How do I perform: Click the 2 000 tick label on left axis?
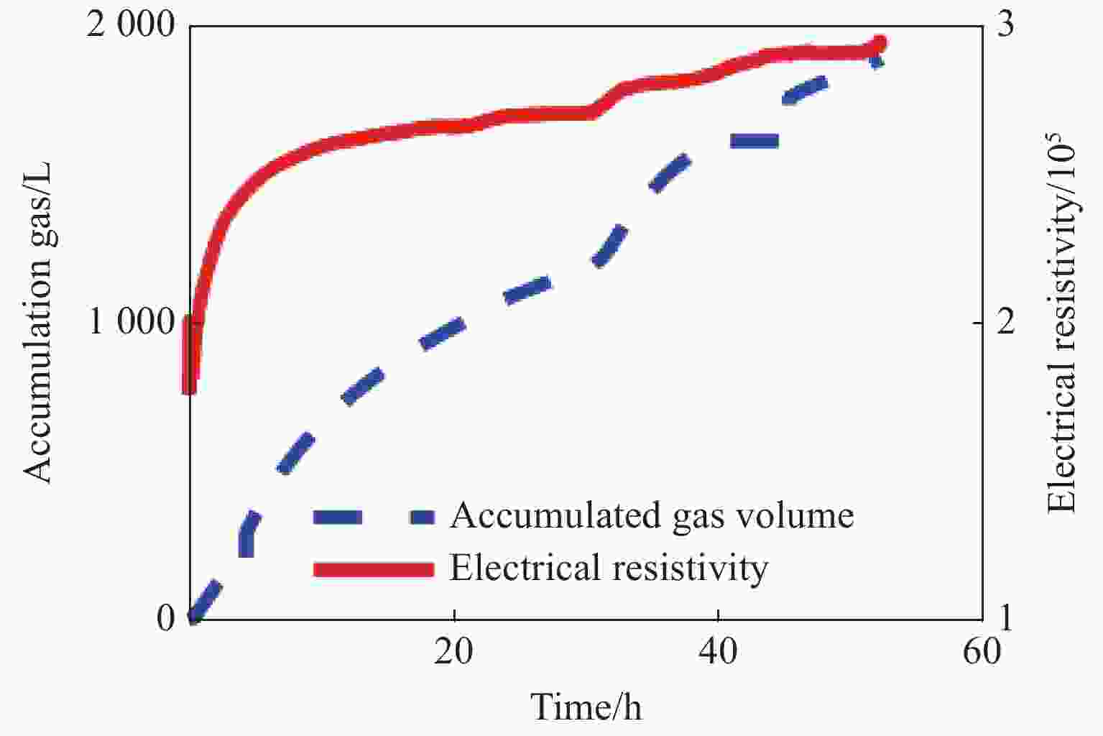(x=131, y=27)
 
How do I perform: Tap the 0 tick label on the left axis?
(x=165, y=619)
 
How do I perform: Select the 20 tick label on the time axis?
(x=454, y=652)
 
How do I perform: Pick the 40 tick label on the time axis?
(x=718, y=652)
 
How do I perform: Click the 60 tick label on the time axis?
(x=982, y=652)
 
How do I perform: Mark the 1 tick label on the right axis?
(x=1006, y=618)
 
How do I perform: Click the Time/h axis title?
(x=586, y=707)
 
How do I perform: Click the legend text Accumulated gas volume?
(x=652, y=515)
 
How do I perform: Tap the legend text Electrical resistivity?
(x=609, y=568)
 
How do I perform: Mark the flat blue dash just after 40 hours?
(x=754, y=141)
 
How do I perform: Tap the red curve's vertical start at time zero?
(x=190, y=356)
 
